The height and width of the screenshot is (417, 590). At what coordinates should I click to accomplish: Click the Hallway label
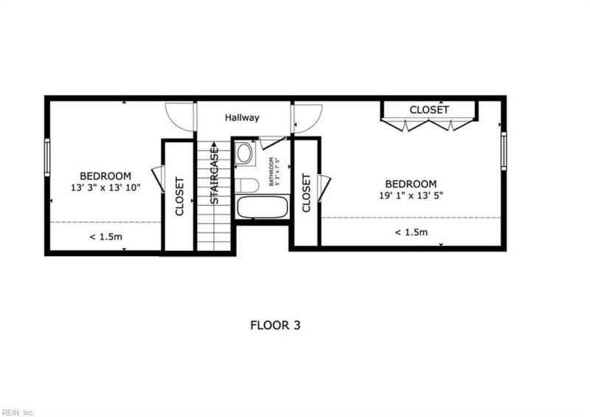(242, 117)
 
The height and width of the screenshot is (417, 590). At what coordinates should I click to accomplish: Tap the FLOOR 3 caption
(275, 325)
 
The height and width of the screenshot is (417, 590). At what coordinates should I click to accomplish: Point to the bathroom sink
(244, 154)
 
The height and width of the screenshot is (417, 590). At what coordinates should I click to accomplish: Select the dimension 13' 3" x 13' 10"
(105, 187)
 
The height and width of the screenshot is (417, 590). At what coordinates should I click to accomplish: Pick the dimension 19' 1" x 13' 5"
(410, 196)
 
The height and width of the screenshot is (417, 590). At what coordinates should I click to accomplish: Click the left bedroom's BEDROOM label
(105, 176)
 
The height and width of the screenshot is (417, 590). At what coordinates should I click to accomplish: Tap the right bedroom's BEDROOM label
(410, 184)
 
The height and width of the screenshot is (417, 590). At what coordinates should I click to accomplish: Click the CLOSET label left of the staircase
(179, 196)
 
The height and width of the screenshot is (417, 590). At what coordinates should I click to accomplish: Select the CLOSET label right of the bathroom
(306, 193)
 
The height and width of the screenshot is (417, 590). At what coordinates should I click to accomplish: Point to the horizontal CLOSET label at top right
(428, 109)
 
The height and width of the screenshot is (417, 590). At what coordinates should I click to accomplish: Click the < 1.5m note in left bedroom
(105, 236)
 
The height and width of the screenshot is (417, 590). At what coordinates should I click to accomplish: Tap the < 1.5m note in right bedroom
(411, 232)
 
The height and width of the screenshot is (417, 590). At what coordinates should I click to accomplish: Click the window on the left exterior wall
(47, 156)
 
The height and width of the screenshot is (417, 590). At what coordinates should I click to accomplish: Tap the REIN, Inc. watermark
(18, 412)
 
